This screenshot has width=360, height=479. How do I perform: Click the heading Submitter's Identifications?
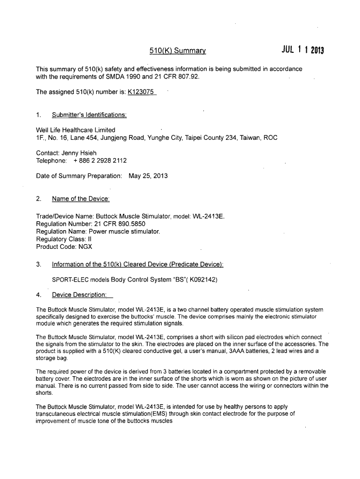(x=89, y=115)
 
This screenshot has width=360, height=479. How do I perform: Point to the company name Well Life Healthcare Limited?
(x=76, y=130)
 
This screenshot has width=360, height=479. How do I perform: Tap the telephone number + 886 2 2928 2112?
(x=100, y=160)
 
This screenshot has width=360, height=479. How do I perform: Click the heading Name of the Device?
(x=80, y=199)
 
